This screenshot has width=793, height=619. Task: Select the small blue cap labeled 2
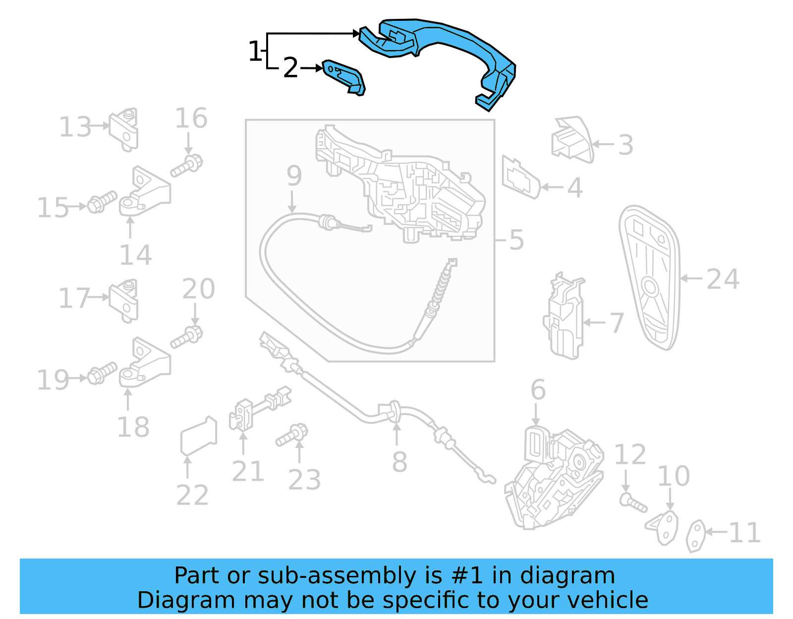tap(343, 76)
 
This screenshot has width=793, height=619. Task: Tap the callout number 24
tap(723, 279)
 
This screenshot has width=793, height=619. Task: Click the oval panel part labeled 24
tap(649, 278)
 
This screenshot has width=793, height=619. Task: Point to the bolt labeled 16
tap(187, 166)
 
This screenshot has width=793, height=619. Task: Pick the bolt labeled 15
tap(102, 202)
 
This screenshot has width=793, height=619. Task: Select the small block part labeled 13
tap(124, 129)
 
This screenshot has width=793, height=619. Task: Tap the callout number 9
tap(294, 176)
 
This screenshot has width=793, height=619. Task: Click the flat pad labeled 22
tap(198, 436)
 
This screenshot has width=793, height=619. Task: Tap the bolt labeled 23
tap(292, 435)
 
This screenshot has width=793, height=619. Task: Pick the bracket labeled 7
tap(565, 317)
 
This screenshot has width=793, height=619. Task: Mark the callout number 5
tap(516, 240)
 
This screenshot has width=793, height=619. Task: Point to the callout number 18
tap(133, 427)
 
